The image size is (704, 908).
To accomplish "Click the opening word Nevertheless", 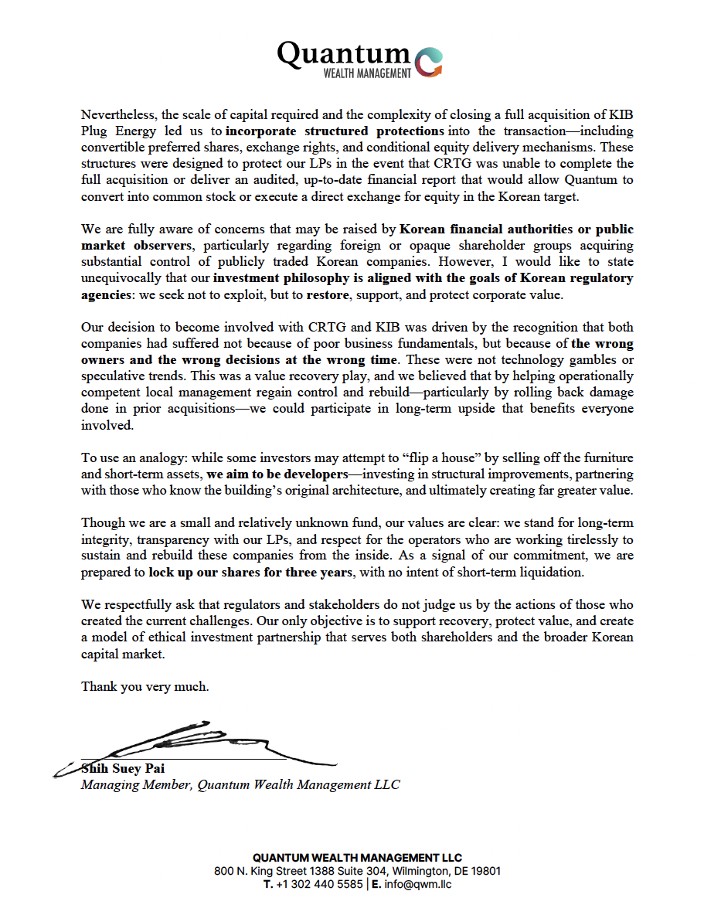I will pos(117,114).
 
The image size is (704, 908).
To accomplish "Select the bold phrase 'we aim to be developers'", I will pos(277,474).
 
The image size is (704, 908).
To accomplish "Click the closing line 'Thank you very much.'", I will pos(145,686).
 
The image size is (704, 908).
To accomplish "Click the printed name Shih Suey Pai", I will pos(123,769).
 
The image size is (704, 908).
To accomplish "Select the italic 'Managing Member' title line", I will pos(240,785).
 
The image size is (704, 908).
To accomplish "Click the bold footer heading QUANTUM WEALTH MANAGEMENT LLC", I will pos(357,858).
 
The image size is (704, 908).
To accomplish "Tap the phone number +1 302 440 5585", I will pos(319,884).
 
